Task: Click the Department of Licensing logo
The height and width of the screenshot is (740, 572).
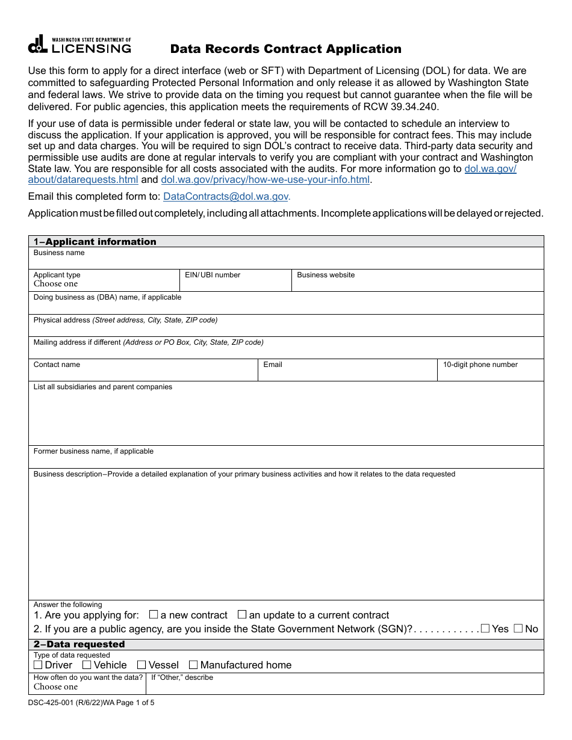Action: click(x=79, y=45)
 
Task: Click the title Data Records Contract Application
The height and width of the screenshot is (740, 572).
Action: click(x=285, y=49)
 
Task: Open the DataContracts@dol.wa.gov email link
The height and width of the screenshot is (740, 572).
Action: click(x=226, y=196)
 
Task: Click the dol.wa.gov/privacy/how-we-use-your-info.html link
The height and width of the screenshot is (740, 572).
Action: click(x=266, y=180)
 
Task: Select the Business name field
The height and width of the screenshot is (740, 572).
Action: click(x=286, y=262)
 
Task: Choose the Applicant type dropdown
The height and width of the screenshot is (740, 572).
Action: click(x=104, y=284)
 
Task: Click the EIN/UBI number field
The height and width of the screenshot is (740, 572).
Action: click(x=235, y=285)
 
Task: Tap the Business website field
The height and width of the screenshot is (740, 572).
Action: click(x=417, y=285)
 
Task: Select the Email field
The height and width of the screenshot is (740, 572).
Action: click(x=347, y=374)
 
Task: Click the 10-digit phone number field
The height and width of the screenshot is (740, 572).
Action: click(x=490, y=374)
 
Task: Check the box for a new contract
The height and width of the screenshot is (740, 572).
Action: click(x=154, y=615)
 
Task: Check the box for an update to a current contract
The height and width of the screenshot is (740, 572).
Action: click(x=242, y=615)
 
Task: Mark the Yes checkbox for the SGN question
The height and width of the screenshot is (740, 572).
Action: click(x=485, y=629)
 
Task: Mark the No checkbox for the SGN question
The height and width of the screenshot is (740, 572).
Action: click(x=518, y=629)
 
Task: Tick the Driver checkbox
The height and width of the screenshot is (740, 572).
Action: click(x=38, y=665)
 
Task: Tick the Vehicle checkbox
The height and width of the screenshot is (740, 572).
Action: click(x=87, y=665)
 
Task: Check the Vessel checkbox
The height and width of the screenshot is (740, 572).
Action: click(x=141, y=665)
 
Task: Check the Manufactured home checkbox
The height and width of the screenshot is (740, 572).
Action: click(x=193, y=665)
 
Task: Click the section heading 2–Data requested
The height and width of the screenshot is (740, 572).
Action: click(x=79, y=644)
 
